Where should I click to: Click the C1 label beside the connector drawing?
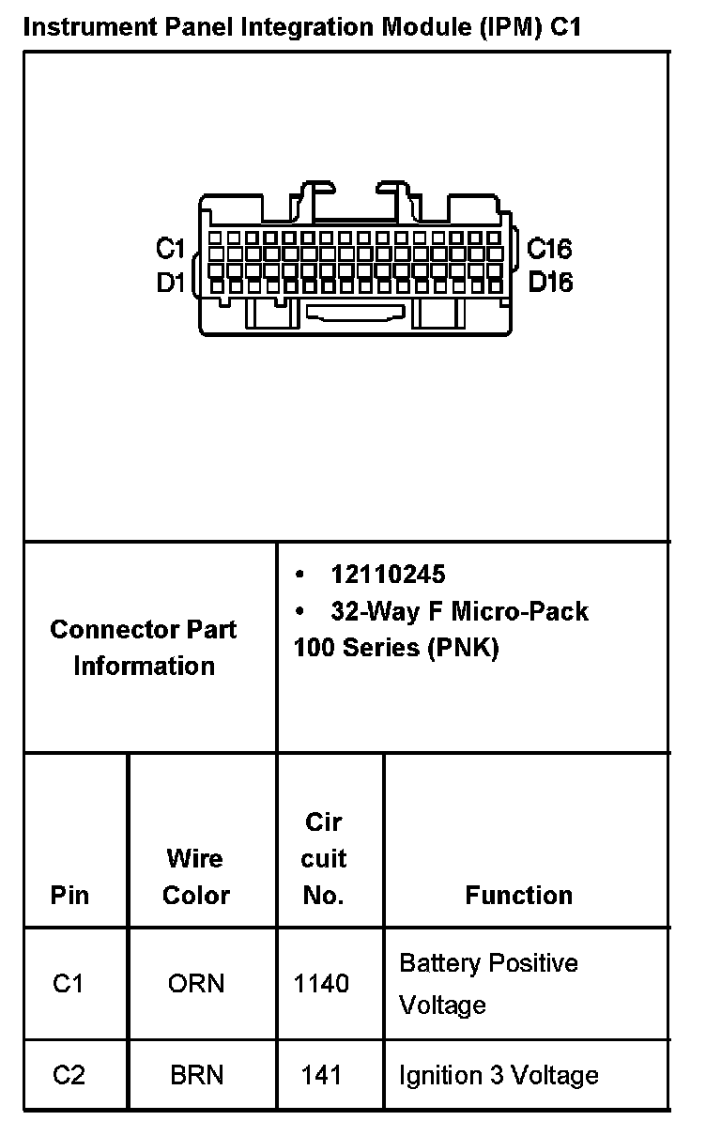170,250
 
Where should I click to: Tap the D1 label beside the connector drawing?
170,283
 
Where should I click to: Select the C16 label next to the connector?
549,250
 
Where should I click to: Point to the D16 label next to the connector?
550,283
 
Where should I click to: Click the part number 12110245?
388,575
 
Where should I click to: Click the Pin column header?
70,896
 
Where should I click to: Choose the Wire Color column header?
196,877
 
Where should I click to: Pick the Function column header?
518,896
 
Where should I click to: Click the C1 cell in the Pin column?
69,984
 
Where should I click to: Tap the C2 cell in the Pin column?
69,1075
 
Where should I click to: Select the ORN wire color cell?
196,984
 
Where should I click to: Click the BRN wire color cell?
197,1075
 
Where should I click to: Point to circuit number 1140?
321,984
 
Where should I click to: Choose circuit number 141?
321,1075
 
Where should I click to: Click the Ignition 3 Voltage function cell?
499,1075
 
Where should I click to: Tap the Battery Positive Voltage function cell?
488,984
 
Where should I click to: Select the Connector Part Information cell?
144,648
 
